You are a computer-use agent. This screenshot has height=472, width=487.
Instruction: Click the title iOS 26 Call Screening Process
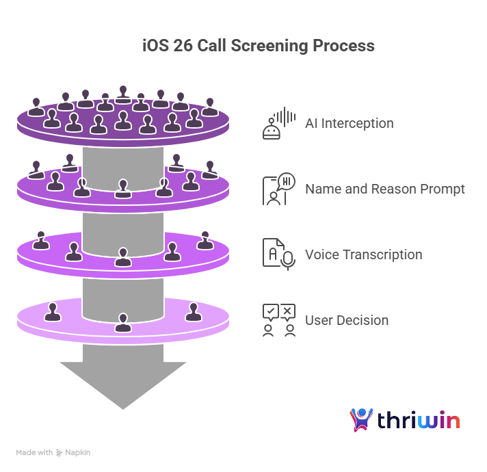[x=258, y=46]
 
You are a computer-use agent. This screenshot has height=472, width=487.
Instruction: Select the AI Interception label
[x=349, y=124]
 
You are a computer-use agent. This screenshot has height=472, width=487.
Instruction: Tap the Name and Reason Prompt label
[x=384, y=189]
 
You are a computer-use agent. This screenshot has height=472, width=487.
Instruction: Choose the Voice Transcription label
[x=363, y=255]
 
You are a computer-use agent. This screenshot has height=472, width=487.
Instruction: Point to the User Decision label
[x=346, y=320]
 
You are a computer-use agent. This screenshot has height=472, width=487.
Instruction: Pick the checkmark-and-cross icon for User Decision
[x=278, y=320]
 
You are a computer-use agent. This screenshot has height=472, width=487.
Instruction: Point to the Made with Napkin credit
[x=53, y=453]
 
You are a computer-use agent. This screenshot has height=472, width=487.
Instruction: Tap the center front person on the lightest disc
[x=123, y=322]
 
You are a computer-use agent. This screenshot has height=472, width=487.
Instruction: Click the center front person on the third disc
[x=123, y=257]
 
